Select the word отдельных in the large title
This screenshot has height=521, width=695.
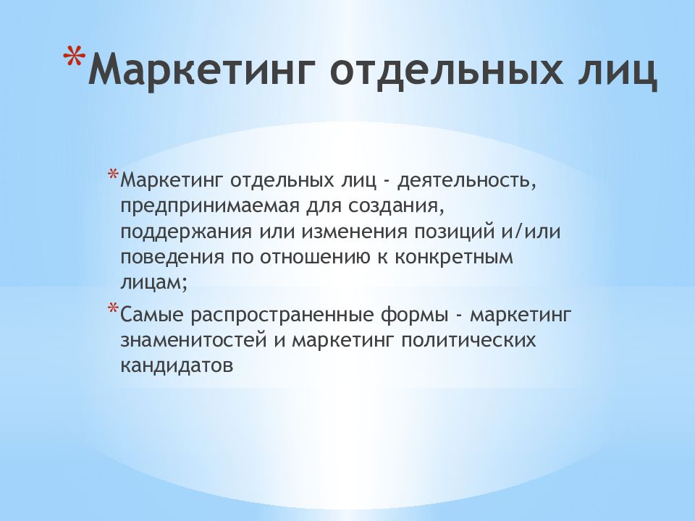pos(442,73)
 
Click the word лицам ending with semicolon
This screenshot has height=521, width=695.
pos(153,284)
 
